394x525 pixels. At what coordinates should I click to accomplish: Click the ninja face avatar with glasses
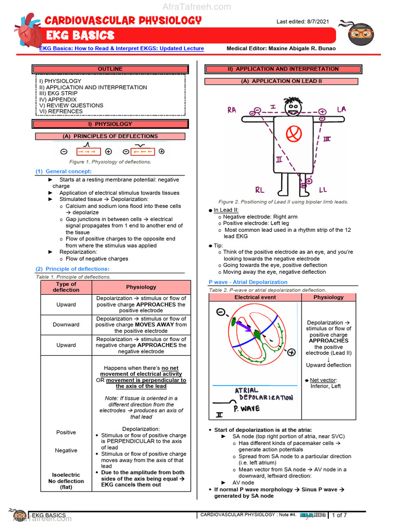coord(361,34)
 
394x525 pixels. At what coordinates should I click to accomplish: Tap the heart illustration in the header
coord(28,31)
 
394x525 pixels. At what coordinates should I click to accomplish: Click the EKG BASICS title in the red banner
coord(80,35)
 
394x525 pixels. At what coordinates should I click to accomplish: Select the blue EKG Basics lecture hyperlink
coord(122,48)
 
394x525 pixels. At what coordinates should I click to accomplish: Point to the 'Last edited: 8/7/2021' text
coord(303,22)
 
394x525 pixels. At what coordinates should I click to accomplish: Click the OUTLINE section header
coord(110,69)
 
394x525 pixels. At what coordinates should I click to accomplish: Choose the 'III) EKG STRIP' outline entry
coord(58,93)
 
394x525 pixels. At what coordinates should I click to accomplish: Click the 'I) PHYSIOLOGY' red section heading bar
coord(110,124)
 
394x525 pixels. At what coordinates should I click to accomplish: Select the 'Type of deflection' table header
coord(66,287)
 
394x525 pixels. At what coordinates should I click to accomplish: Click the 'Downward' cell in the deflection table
coord(66,325)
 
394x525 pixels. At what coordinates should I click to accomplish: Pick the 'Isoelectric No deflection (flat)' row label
coord(66,481)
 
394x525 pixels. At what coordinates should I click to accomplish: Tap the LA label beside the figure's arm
coord(342,110)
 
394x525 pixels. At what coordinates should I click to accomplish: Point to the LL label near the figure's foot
coord(323,190)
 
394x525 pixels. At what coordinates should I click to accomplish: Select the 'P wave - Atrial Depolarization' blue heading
coord(248,282)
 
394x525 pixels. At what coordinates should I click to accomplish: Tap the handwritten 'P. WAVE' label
coord(246,409)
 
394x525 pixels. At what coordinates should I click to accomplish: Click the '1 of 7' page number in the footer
coord(340,515)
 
